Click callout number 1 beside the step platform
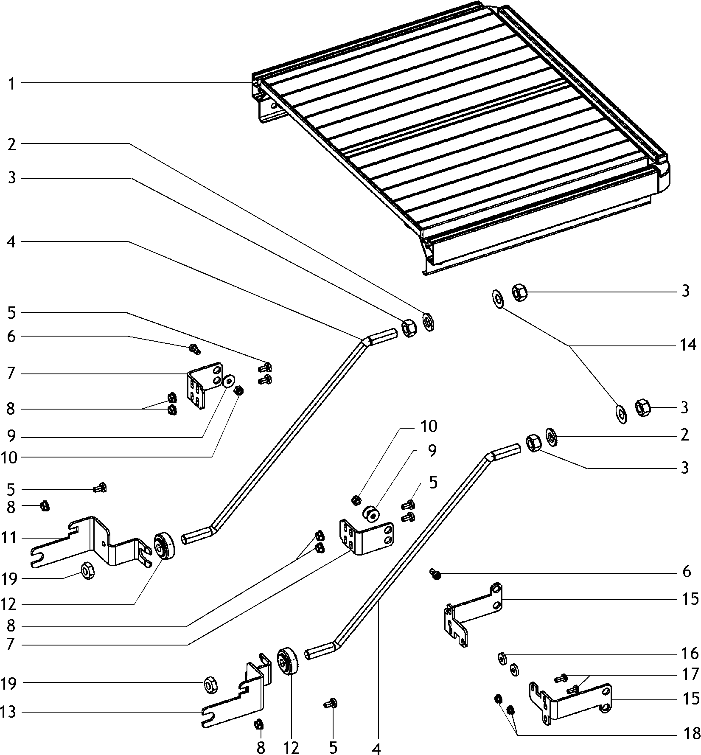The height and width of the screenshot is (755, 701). click(11, 84)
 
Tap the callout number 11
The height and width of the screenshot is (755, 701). click(9, 538)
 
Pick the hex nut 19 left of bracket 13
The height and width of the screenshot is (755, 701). click(210, 684)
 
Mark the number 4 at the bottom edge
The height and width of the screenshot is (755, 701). click(376, 749)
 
